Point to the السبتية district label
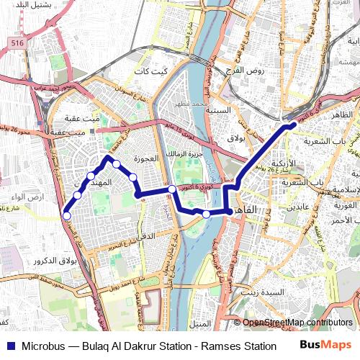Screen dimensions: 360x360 219,110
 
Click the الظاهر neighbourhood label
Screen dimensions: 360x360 342,115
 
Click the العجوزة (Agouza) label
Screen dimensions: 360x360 136,157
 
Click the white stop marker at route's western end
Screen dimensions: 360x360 67,215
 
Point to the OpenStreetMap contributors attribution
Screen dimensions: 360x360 297,323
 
